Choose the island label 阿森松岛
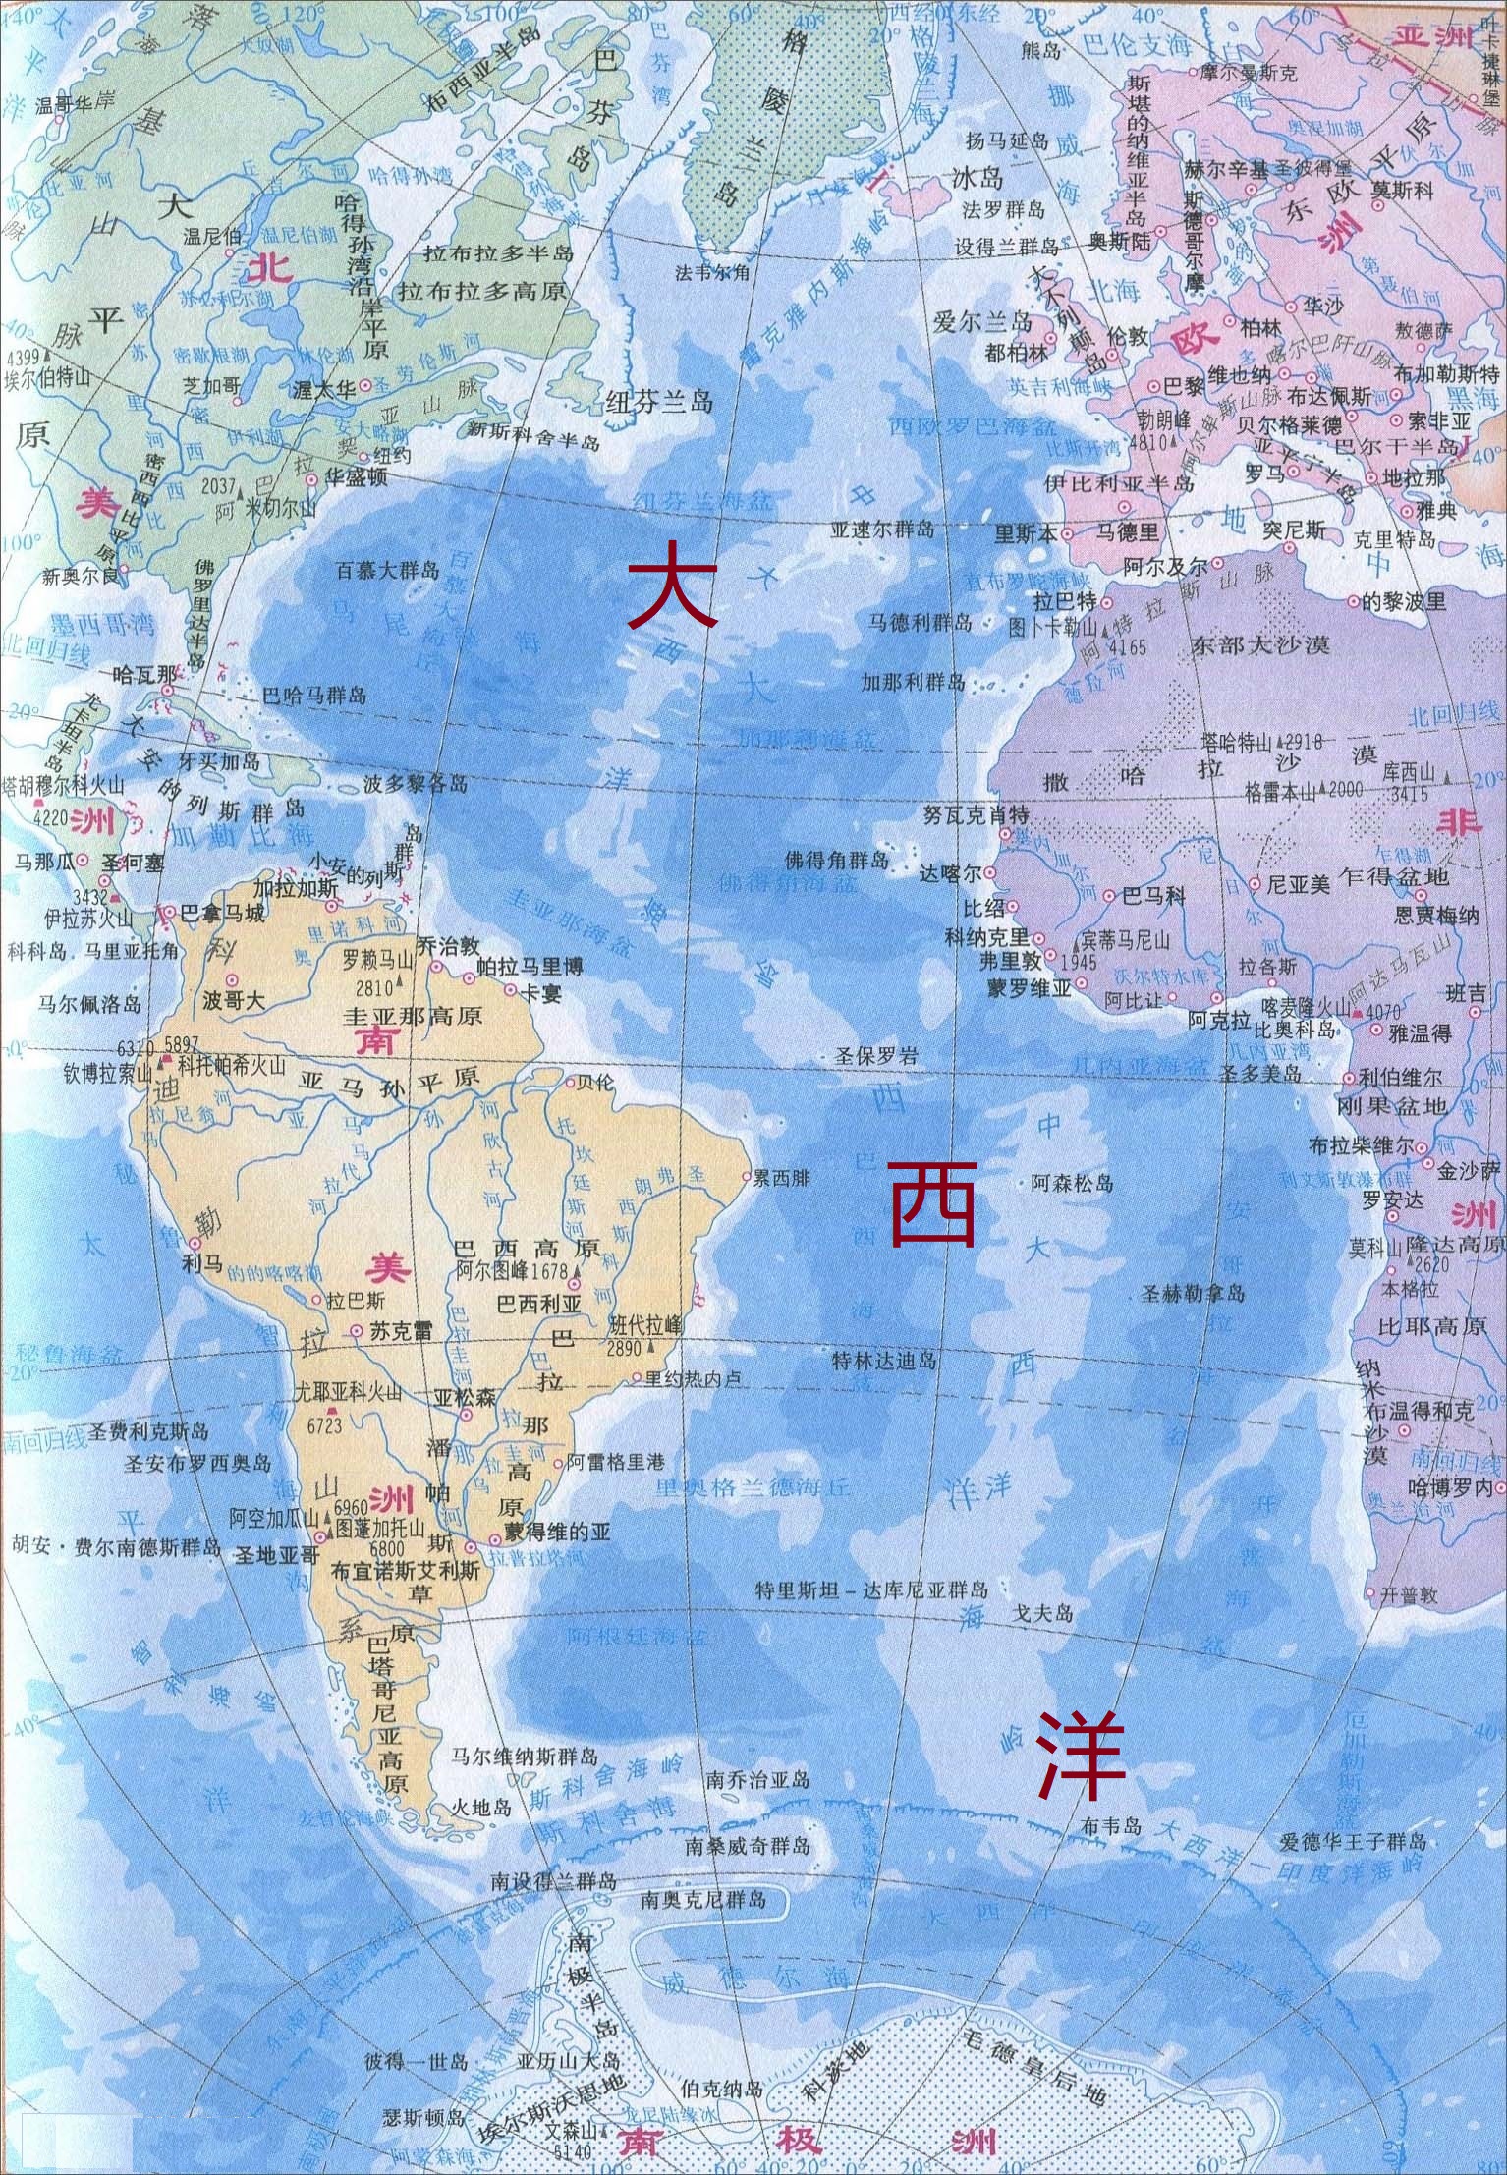1072,1184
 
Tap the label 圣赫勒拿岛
1195,1293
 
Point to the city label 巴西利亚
539,1303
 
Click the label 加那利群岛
913,682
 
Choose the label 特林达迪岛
884,1363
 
